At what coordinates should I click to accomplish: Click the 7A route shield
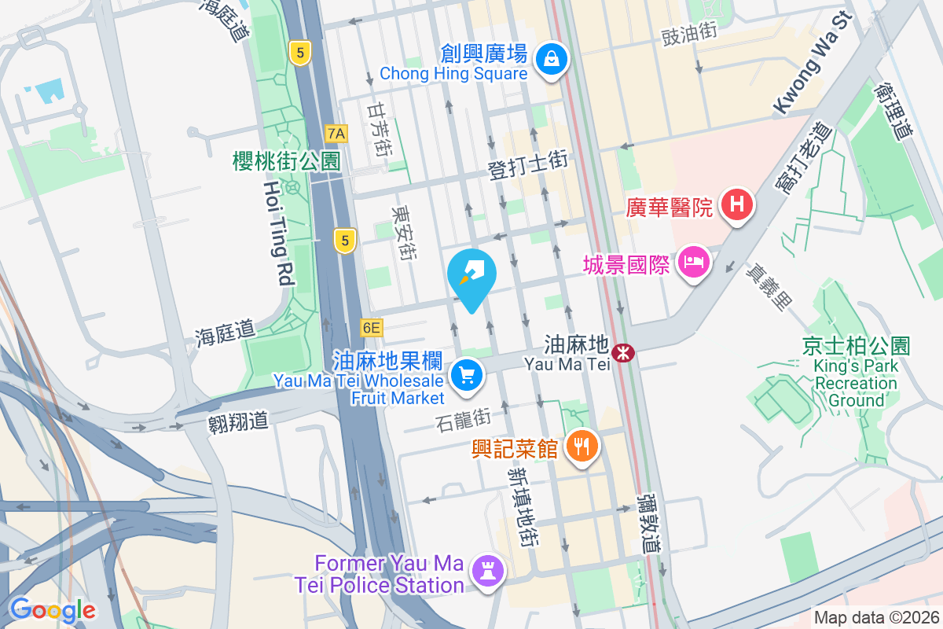point(336,133)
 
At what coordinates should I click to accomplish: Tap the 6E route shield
point(372,327)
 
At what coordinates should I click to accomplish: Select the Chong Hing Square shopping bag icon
point(552,57)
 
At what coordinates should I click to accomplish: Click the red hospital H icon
point(736,205)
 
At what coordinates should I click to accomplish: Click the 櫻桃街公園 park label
point(287,161)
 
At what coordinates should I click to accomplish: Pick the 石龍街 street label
point(462,419)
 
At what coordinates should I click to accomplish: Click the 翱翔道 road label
point(238,421)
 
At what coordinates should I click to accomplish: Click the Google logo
point(52,609)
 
